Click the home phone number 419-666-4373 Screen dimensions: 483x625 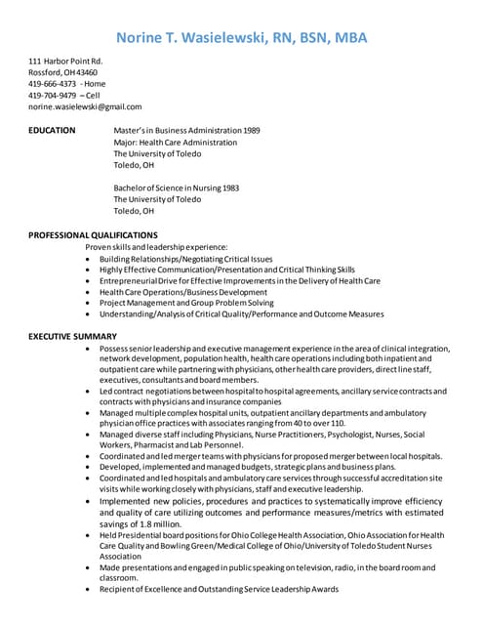52,84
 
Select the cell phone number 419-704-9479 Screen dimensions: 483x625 52,96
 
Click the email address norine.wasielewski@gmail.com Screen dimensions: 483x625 85,107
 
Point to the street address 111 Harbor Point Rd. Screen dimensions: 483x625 65,62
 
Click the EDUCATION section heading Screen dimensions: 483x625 52,130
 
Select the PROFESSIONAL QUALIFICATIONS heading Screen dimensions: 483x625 93,235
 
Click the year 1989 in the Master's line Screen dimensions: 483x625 251,130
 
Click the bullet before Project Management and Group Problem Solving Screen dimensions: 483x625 90,304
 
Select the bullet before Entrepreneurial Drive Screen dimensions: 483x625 90,281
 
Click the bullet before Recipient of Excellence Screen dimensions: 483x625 90,590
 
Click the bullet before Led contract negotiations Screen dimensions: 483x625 90,392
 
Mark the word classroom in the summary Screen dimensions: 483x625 119,578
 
